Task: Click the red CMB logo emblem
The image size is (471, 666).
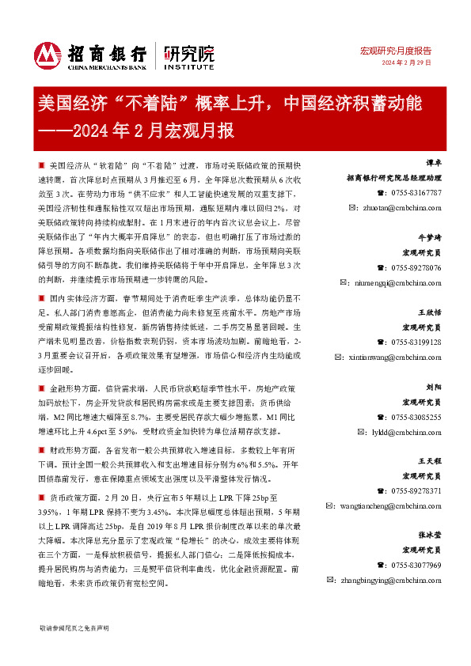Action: [x=48, y=55]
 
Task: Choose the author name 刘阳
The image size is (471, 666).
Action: [x=432, y=387]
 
